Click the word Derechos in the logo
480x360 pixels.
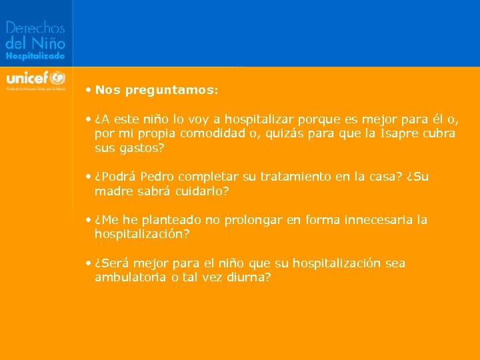(x=35, y=28)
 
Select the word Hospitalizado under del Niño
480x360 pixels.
(x=35, y=57)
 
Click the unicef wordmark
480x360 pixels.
(x=27, y=77)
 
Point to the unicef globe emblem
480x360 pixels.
(x=58, y=77)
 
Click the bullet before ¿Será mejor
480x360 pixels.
(x=89, y=263)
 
